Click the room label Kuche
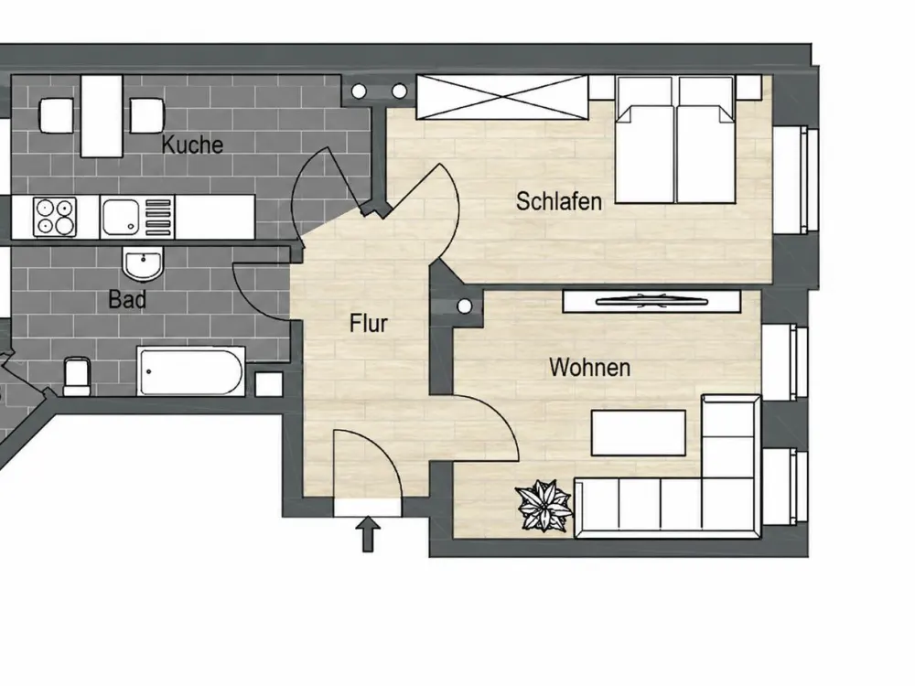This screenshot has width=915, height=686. click(x=192, y=145)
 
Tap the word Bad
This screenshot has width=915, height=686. click(x=127, y=299)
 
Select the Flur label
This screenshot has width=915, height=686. click(x=368, y=323)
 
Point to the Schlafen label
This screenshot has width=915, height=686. click(x=558, y=201)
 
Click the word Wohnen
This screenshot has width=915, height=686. click(x=589, y=368)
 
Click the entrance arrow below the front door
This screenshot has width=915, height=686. click(x=368, y=534)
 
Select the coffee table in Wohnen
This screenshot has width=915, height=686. click(x=639, y=433)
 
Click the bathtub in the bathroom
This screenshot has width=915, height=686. click(x=191, y=371)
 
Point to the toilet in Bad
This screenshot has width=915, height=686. click(x=77, y=376)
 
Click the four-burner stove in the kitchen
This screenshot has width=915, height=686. click(x=55, y=218)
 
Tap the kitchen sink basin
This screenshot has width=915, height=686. click(x=121, y=217)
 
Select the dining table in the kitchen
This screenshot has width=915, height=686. click(x=102, y=116)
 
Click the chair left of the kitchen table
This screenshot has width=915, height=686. click(x=56, y=115)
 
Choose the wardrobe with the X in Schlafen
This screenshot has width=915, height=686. click(x=501, y=98)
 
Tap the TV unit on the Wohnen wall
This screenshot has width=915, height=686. click(x=651, y=302)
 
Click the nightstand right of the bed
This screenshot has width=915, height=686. click(x=748, y=87)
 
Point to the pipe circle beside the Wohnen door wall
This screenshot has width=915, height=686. click(x=465, y=306)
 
